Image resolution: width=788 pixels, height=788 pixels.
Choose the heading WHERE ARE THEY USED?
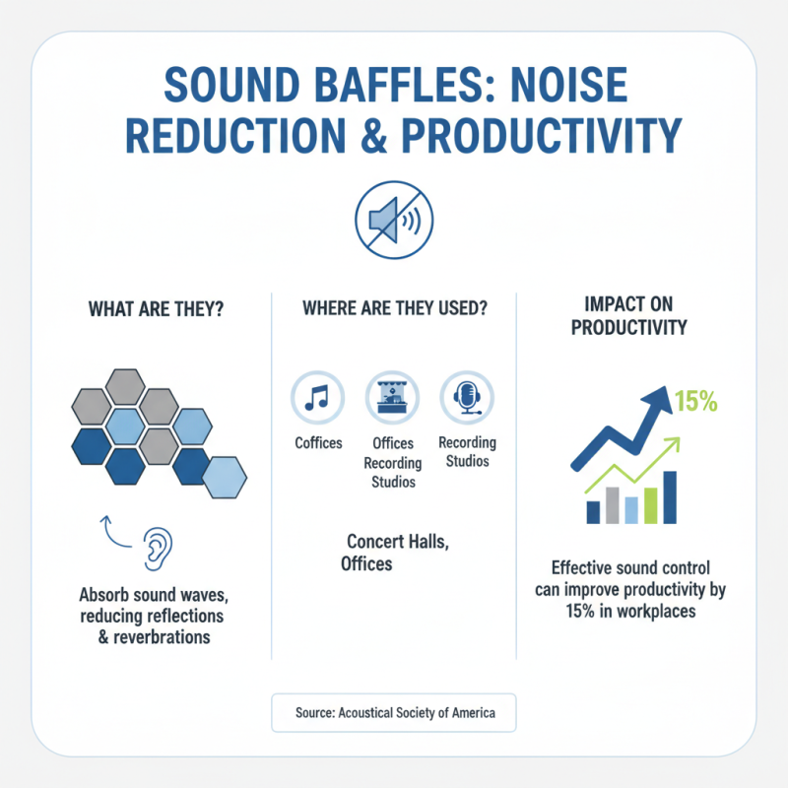(394, 308)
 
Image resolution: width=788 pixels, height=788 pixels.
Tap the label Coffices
(318, 442)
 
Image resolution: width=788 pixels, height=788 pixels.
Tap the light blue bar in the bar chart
(631, 508)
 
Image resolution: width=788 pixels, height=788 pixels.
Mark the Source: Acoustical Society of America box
(393, 712)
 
